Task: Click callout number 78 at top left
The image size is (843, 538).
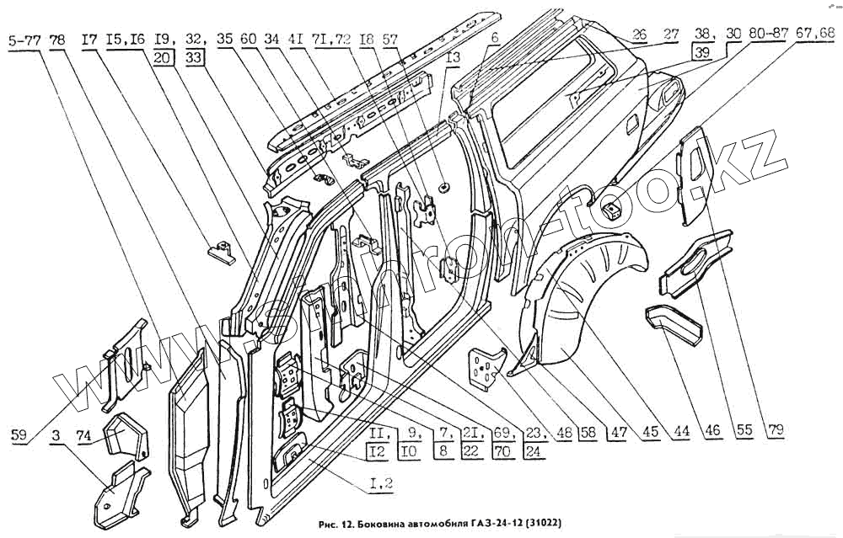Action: click(x=57, y=39)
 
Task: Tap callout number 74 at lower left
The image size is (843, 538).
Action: click(x=83, y=435)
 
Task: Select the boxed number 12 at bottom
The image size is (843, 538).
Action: click(x=379, y=450)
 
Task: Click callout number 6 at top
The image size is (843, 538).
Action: click(x=495, y=38)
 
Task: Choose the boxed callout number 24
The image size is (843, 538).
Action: click(x=532, y=450)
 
